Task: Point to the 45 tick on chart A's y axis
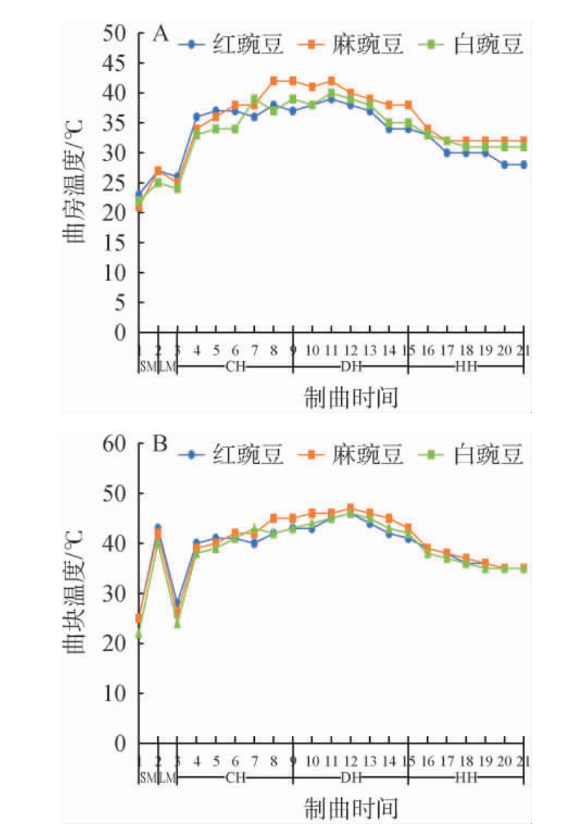[x=117, y=64]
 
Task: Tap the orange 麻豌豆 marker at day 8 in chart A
[x=274, y=81]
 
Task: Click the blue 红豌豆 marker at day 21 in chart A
[x=523, y=165]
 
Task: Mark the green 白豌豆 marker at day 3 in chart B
[x=177, y=623]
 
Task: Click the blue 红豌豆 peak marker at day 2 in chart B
[x=158, y=528]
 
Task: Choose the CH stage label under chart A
[x=235, y=366]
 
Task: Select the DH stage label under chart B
[x=350, y=776]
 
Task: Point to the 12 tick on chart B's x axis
[x=350, y=760]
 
